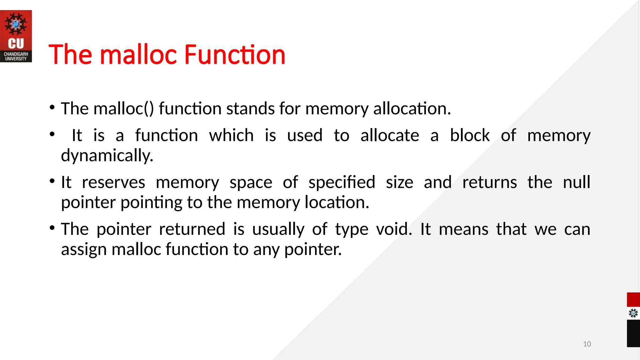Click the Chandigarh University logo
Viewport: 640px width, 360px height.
click(x=16, y=36)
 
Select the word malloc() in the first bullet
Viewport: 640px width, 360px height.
click(x=124, y=109)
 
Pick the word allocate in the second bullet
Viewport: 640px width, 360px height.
click(x=390, y=136)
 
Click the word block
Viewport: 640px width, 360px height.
click(x=470, y=136)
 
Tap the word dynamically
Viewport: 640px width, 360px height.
click(x=107, y=156)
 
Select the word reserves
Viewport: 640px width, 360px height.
click(x=113, y=182)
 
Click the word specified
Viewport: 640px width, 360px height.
click(x=342, y=182)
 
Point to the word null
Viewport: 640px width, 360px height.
click(x=577, y=182)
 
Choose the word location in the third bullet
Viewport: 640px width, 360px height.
click(x=337, y=202)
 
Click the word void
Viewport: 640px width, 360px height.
click(x=394, y=229)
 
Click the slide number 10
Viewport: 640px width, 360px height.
click(x=587, y=344)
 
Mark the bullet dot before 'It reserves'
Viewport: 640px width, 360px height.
click(x=52, y=181)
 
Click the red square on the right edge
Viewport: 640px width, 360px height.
click(x=633, y=300)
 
